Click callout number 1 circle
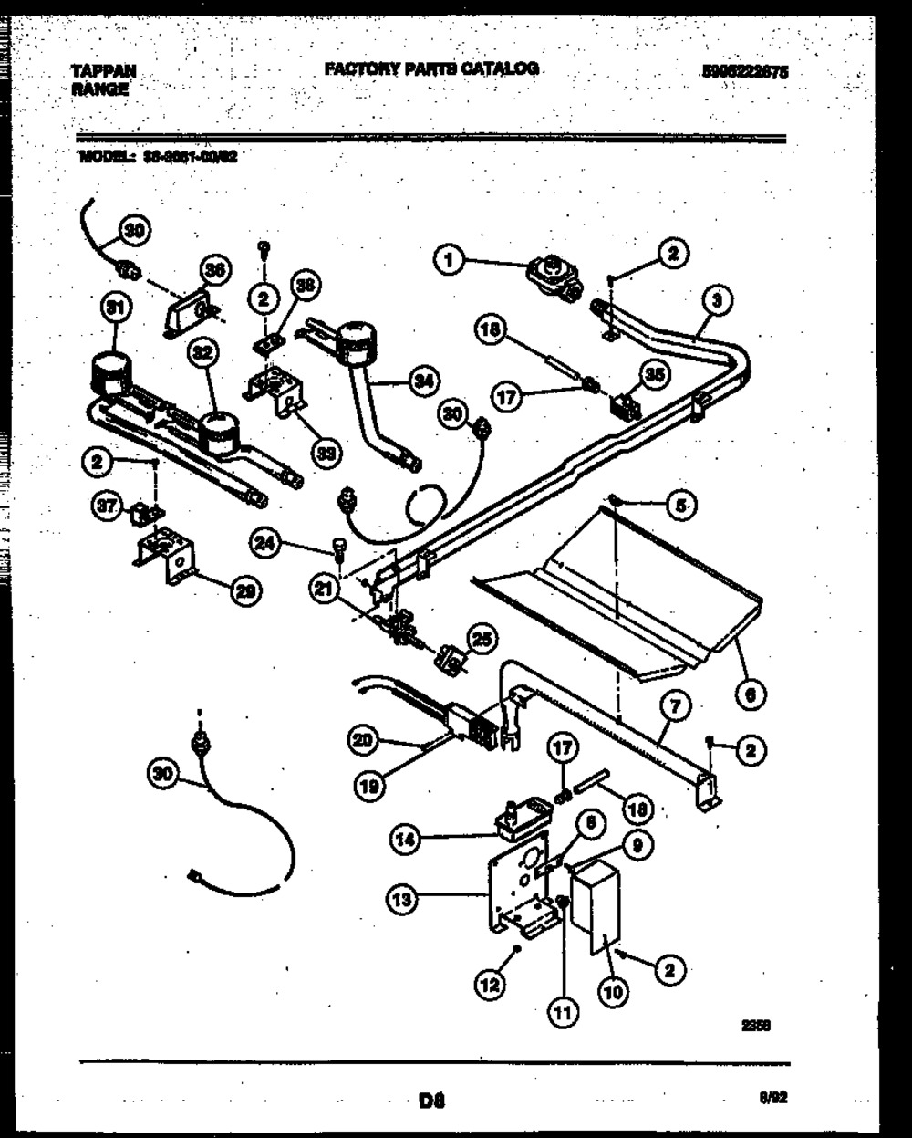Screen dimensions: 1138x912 coord(447,263)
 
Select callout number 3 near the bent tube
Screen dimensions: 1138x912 coord(718,298)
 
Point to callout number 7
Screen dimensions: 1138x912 coord(679,705)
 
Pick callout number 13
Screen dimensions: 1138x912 coord(406,900)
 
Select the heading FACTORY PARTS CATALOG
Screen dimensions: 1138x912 coord(430,68)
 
